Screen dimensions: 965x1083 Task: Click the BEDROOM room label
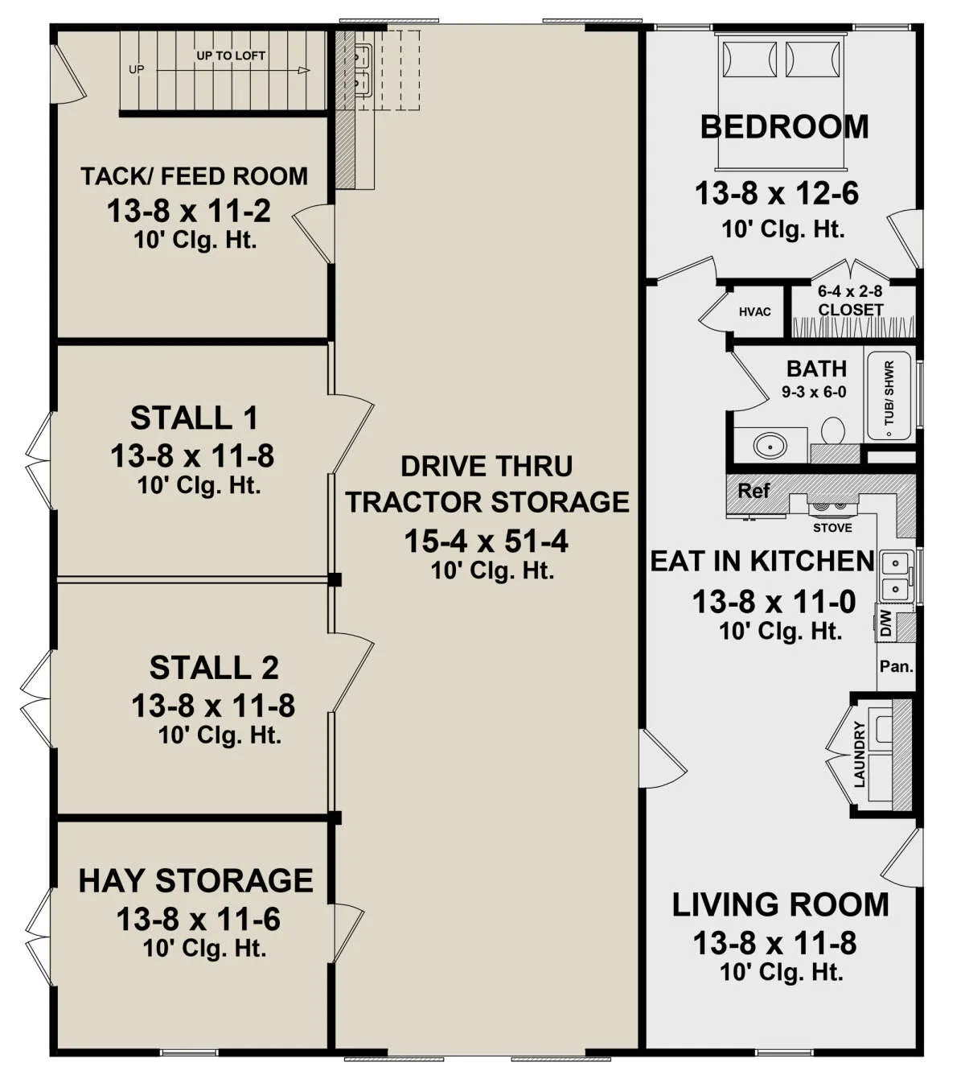(x=784, y=127)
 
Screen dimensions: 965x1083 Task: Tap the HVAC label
(x=754, y=311)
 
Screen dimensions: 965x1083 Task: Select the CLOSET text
(x=851, y=310)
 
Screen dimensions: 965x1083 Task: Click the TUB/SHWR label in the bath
(x=889, y=393)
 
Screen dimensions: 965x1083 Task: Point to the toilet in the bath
(x=832, y=430)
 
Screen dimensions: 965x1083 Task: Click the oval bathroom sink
(x=770, y=444)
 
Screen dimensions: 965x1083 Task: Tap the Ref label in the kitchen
(x=754, y=490)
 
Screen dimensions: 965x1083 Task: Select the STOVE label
(x=832, y=528)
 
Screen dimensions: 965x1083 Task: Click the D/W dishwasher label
(x=885, y=624)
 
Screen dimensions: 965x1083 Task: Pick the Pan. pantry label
(x=896, y=666)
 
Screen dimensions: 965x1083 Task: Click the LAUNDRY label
(x=859, y=754)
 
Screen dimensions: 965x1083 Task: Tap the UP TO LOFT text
(x=231, y=56)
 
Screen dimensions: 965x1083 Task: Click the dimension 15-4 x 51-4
(x=486, y=541)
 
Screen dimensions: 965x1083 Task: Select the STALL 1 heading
(x=195, y=418)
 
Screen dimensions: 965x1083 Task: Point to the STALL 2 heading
(x=214, y=668)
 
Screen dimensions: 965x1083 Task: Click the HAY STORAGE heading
(x=195, y=881)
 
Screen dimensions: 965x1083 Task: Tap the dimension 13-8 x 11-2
(x=189, y=211)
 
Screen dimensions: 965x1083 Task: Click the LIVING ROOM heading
(x=780, y=905)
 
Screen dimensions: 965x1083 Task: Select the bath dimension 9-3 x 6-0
(x=814, y=392)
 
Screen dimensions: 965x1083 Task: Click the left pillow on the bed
(x=749, y=59)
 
